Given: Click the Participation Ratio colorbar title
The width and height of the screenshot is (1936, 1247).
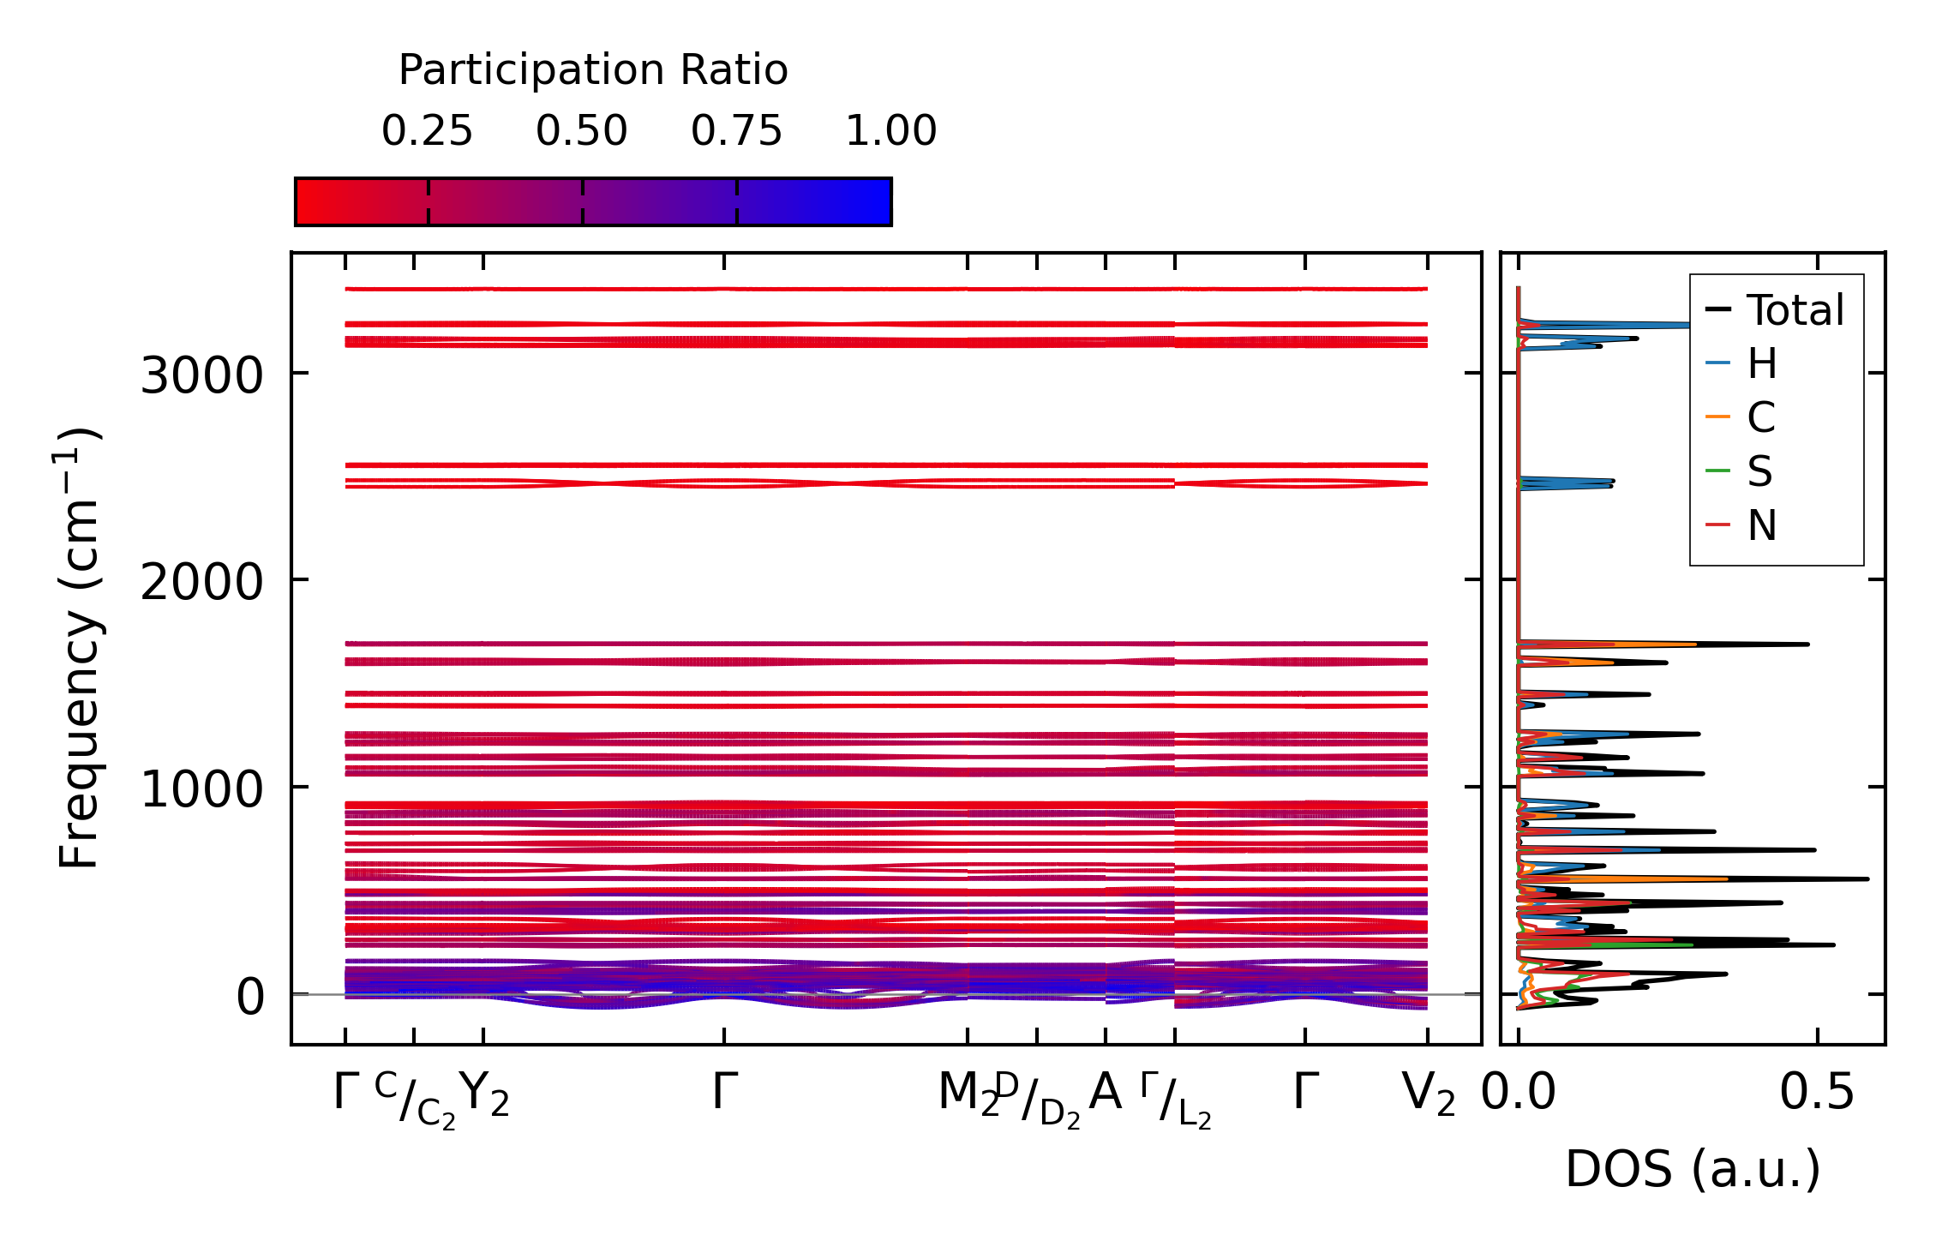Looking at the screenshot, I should pos(593,70).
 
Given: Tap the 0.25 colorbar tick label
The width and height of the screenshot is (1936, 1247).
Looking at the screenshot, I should pos(427,131).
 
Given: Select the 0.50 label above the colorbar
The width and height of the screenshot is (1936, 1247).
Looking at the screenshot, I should pos(582,131).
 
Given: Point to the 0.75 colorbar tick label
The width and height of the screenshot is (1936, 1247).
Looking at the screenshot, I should pos(736,131).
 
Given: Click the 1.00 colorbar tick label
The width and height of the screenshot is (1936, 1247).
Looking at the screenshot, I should pos(891,131).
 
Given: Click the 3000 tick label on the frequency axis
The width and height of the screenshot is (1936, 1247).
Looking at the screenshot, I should pos(201,375).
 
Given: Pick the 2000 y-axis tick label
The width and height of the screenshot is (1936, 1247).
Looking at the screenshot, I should pos(201,583).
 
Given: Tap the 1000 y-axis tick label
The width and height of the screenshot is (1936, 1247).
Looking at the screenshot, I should pos(201,789).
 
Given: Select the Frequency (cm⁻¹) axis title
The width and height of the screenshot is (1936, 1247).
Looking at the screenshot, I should pos(79,648).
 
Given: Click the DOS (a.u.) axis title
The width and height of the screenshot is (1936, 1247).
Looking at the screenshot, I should pos(1693,1169).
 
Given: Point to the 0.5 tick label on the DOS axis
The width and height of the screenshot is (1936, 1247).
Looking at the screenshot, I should pos(1817,1093).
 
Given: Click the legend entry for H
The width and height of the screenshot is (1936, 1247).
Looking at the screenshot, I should pos(1761,364).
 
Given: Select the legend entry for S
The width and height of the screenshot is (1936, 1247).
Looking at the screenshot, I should pos(1759,471).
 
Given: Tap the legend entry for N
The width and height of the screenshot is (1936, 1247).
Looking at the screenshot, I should pos(1761,525).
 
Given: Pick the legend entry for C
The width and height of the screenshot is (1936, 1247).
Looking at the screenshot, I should pos(1761,418).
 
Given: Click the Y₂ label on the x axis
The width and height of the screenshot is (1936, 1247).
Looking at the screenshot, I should pos(484,1094).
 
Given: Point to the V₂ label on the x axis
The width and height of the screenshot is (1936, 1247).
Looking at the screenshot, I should pos(1428,1094).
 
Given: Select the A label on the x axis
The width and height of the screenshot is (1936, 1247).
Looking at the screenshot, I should pos(1105,1093).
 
